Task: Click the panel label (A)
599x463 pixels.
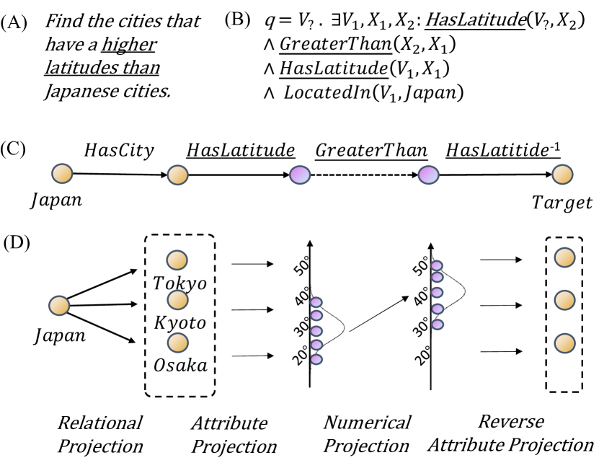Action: (15, 22)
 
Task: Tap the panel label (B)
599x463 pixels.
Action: (237, 19)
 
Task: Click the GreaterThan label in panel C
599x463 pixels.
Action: (371, 150)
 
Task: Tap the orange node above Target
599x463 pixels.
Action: (562, 174)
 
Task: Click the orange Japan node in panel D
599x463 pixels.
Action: (59, 306)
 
